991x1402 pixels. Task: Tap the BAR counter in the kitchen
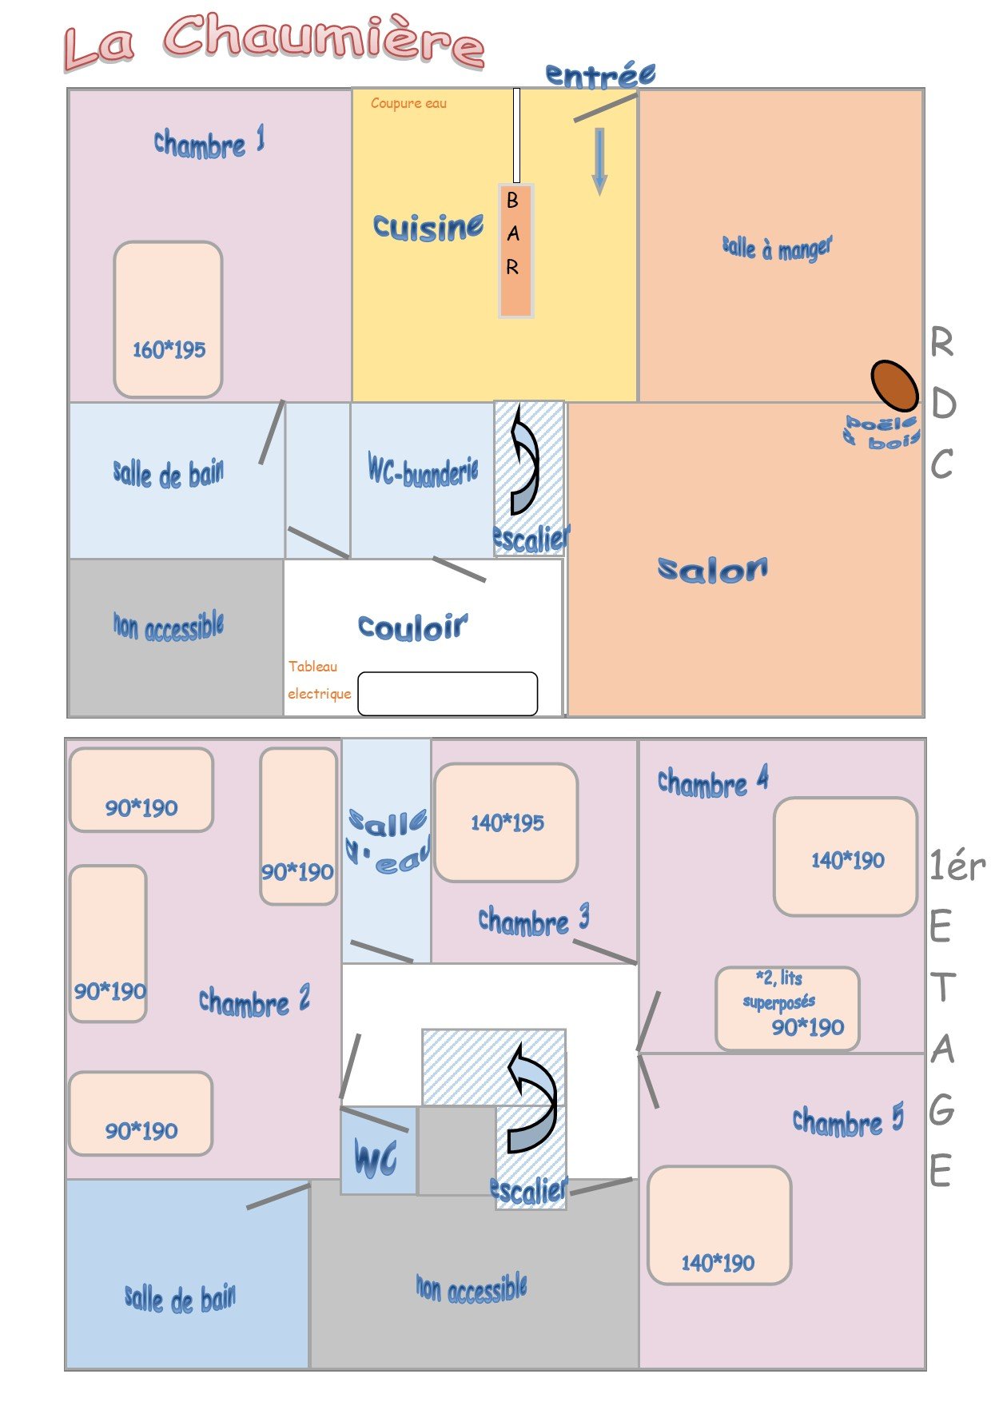click(x=515, y=251)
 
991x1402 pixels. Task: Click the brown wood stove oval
click(x=894, y=385)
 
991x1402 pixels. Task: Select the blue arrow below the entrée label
click(x=599, y=161)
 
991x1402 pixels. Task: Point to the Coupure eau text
click(x=408, y=103)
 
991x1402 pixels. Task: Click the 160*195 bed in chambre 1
click(x=168, y=319)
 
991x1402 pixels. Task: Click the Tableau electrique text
click(x=320, y=679)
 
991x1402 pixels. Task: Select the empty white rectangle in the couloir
click(x=448, y=694)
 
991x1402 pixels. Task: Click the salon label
click(x=713, y=568)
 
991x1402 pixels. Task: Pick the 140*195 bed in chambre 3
click(x=506, y=822)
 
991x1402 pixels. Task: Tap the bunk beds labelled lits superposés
click(x=787, y=1008)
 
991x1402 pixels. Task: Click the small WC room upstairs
click(x=379, y=1150)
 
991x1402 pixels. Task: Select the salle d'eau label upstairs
click(x=388, y=841)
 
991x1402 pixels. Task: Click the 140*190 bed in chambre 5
click(x=719, y=1225)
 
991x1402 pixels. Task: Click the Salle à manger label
click(x=777, y=248)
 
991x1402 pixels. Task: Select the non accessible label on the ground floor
click(x=168, y=626)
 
